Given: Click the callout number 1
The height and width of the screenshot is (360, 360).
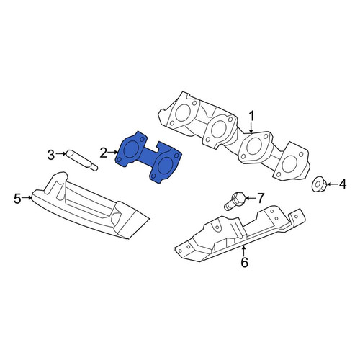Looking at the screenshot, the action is pyautogui.click(x=251, y=117).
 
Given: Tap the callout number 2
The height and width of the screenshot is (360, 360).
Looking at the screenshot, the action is pyautogui.click(x=104, y=153).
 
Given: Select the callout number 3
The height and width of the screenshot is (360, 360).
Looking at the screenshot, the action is pyautogui.click(x=51, y=155).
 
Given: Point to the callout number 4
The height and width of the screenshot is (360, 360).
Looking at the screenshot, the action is pyautogui.click(x=343, y=184).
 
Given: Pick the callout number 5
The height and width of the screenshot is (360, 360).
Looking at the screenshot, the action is pyautogui.click(x=17, y=199).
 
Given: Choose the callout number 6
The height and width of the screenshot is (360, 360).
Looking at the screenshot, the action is pyautogui.click(x=244, y=263).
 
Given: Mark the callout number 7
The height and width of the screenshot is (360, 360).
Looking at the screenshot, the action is pyautogui.click(x=261, y=198).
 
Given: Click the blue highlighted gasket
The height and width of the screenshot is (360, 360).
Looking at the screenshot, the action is pyautogui.click(x=149, y=158).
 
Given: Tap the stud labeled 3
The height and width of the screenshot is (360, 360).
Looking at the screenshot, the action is pyautogui.click(x=82, y=161).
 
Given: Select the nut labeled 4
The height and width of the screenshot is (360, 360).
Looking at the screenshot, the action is pyautogui.click(x=319, y=185).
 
